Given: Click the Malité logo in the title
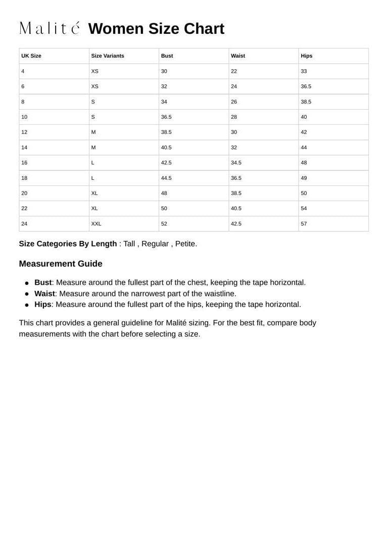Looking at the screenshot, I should (49, 28).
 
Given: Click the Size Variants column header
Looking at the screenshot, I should (107, 56).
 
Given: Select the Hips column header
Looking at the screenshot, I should (306, 56).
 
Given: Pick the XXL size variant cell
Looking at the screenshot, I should (96, 224).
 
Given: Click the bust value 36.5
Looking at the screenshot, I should (166, 117).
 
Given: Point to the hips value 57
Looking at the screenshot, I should (304, 224).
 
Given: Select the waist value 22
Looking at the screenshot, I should (234, 71).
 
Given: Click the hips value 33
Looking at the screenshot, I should (304, 71).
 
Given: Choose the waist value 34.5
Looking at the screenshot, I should (236, 163).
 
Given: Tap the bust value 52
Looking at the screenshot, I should (164, 224).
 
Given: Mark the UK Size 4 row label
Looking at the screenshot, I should (23, 71).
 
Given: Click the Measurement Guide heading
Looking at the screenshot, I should (61, 264).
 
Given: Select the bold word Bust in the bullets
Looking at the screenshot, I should (43, 282).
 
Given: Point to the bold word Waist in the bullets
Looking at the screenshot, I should (44, 293).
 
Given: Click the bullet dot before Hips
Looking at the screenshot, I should (27, 305).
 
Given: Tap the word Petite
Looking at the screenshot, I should (185, 244).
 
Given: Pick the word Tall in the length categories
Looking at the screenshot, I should (129, 244).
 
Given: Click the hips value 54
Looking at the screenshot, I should (304, 209).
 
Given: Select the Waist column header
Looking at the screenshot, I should (238, 56).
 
